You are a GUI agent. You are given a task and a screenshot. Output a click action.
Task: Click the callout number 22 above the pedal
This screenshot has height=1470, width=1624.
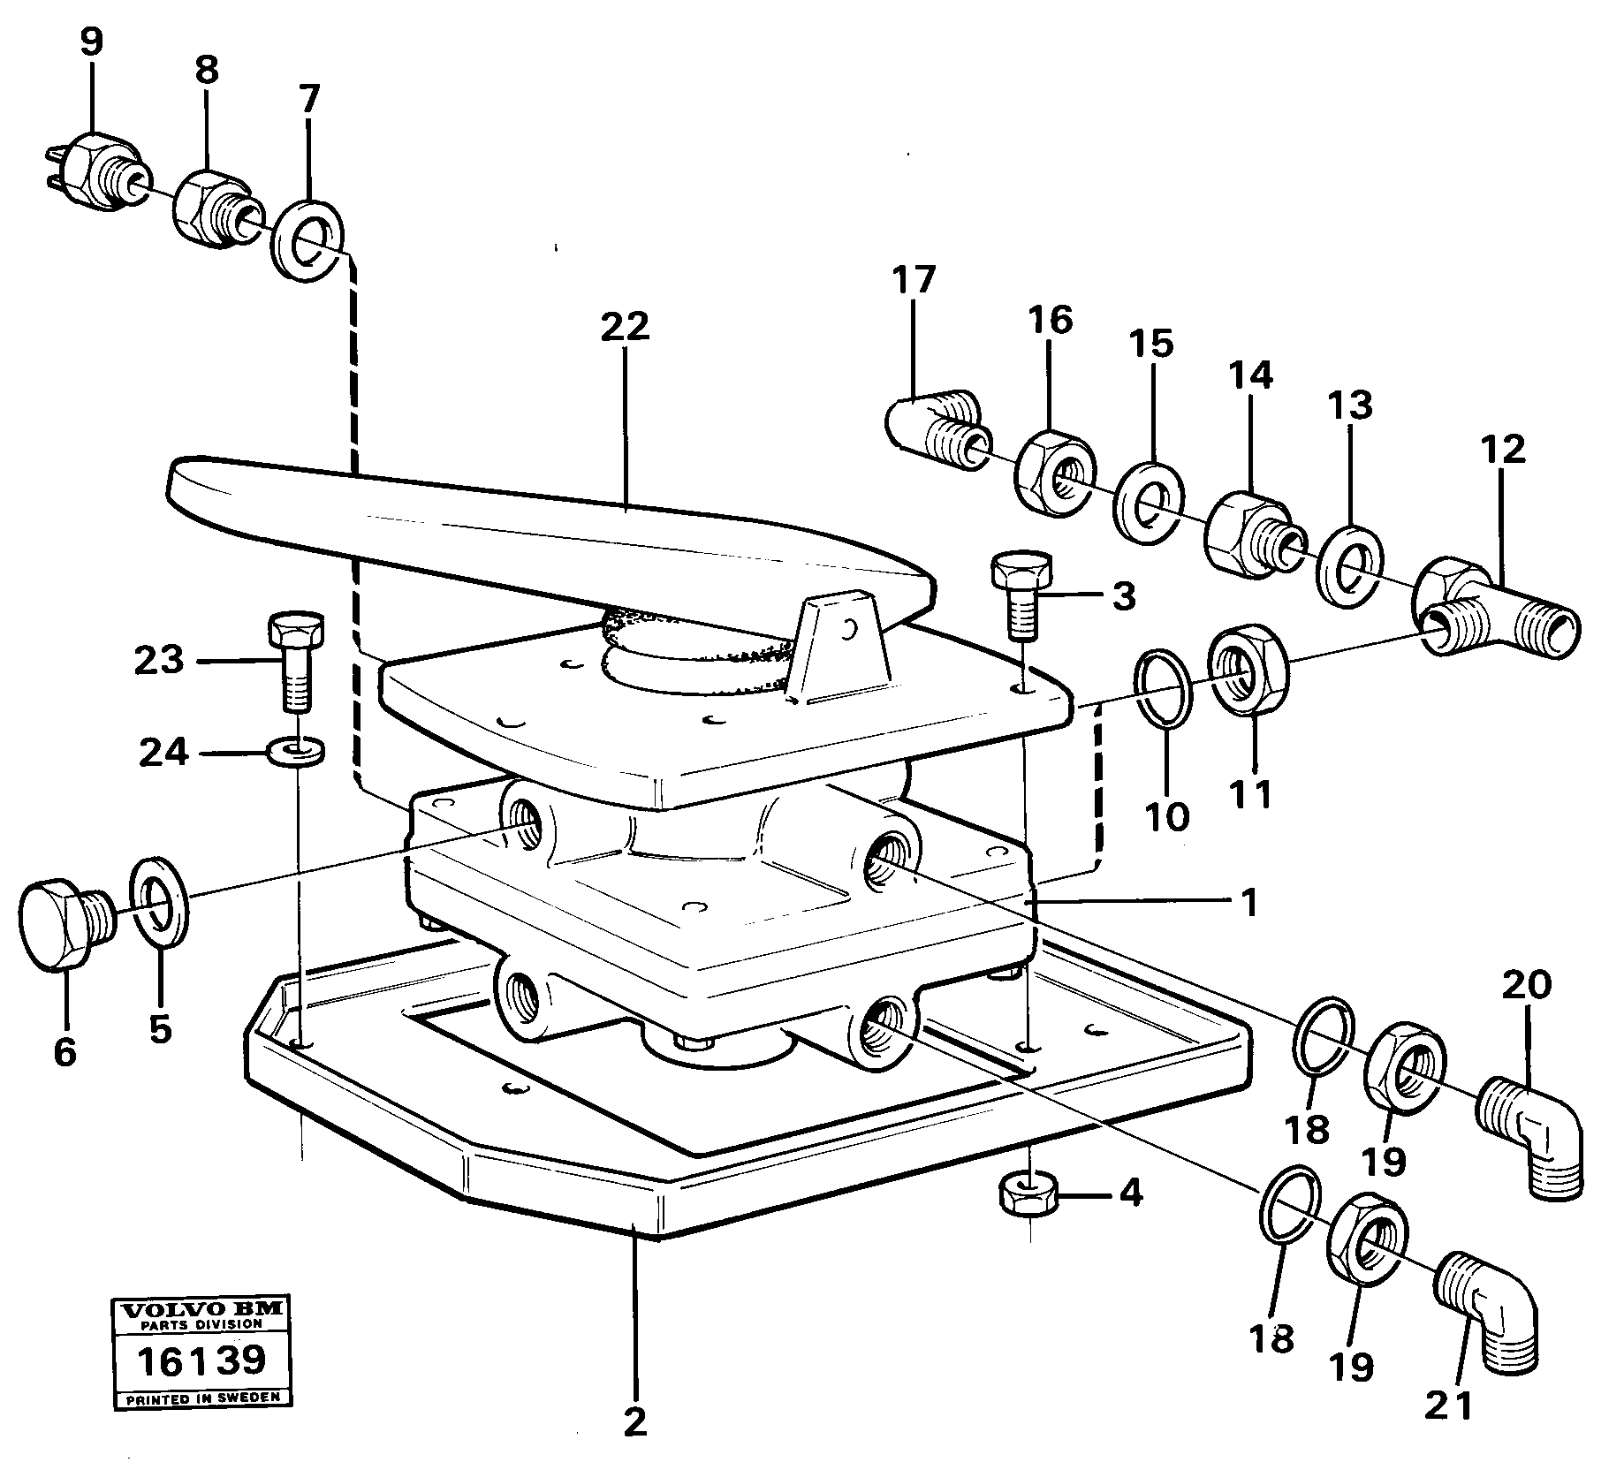(x=625, y=327)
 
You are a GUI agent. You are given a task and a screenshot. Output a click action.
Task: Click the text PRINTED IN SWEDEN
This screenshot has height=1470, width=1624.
(x=201, y=1398)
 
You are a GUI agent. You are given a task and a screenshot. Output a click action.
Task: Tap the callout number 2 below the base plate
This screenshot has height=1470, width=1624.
(x=634, y=1421)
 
